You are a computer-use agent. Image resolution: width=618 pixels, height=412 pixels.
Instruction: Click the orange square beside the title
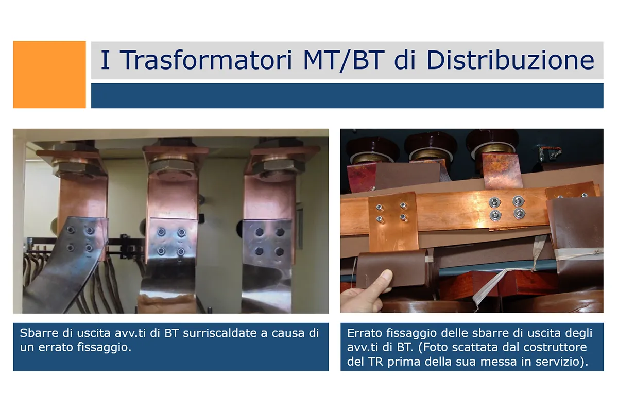pos(49,75)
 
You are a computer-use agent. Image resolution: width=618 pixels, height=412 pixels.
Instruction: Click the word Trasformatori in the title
pos(206,60)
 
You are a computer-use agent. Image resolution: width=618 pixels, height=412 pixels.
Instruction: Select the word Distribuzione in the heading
pos(510,60)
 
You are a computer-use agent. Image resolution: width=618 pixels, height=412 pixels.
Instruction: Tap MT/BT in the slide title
pos(344,61)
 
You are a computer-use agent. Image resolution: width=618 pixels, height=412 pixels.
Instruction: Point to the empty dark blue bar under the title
pos(347,96)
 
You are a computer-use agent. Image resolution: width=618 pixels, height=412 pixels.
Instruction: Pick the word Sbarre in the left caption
pos(39,333)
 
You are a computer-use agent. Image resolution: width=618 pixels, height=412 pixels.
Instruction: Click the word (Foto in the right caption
pos(433,348)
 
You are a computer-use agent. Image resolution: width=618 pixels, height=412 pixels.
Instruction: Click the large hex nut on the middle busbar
pos(173,166)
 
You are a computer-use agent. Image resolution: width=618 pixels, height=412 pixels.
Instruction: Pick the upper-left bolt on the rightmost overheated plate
pos(259,232)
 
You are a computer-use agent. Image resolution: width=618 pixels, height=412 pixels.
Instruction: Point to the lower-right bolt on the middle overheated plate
pos(181,251)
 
